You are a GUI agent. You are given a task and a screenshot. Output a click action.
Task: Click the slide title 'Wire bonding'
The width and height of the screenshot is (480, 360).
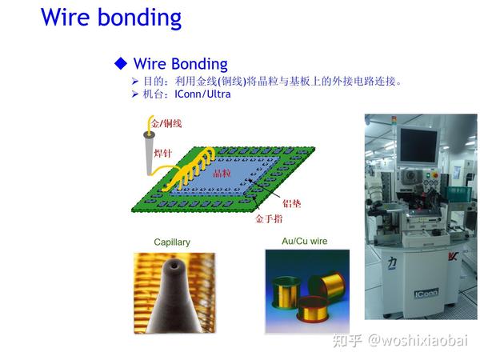111,17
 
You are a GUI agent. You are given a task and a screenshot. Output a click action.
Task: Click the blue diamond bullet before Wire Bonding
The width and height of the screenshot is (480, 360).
121,63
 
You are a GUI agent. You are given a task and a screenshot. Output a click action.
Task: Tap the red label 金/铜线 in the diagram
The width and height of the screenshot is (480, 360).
166,122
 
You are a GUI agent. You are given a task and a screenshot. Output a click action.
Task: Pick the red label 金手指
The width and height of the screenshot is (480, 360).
269,217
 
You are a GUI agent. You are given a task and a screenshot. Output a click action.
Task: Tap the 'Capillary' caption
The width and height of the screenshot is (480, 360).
172,242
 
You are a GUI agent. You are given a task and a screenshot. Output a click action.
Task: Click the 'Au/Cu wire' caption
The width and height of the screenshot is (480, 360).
304,241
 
